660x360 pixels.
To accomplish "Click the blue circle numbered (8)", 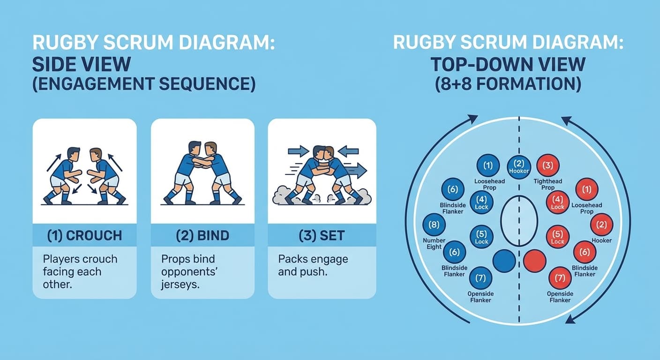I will click(434, 225).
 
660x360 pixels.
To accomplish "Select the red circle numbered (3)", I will click(547, 166).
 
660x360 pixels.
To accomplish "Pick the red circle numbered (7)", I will click(560, 278).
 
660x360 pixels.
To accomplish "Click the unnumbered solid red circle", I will click(535, 261).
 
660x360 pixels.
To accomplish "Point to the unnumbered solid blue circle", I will click(504, 261).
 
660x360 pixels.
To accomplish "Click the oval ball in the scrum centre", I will click(519, 221).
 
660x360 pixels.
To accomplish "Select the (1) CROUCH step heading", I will click(84, 235).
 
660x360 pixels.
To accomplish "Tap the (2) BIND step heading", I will click(202, 235).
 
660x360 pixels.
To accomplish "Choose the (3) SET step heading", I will click(322, 235).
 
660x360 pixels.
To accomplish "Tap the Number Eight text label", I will click(434, 244).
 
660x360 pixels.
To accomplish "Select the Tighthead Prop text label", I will click(548, 184).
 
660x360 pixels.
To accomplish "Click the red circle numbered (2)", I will click(601, 225).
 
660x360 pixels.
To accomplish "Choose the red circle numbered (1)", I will click(586, 190).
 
